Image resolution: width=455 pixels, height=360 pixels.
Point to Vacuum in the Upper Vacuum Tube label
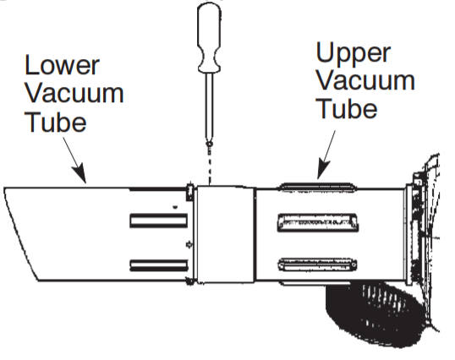coord(365,81)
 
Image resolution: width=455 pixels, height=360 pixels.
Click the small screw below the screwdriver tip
coord(208,145)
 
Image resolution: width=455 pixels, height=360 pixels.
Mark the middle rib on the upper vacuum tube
coord(313,223)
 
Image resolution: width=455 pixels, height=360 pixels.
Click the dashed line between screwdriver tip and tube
coord(208,165)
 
